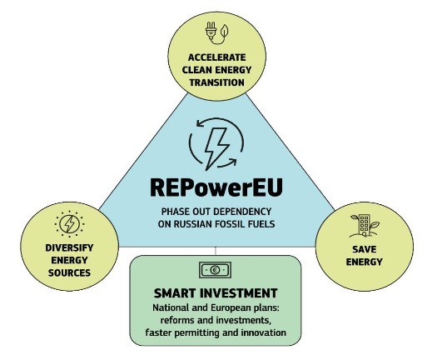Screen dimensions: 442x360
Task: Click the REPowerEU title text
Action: pos(216,187)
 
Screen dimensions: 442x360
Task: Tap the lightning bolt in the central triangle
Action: pos(217,148)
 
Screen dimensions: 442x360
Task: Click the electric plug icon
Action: pos(211,30)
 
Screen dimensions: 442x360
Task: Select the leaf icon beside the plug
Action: pos(224,31)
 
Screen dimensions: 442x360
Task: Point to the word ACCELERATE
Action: pos(216,57)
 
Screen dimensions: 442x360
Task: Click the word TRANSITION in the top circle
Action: pos(216,82)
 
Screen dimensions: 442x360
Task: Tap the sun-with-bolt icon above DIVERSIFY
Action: pos(69,224)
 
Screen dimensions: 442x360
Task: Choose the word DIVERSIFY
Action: pos(69,247)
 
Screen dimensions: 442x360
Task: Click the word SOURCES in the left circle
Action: pos(69,272)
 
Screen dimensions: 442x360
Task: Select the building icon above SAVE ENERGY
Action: pos(365,226)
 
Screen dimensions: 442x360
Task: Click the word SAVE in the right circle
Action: pos(365,249)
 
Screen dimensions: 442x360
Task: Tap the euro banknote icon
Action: pos(215,270)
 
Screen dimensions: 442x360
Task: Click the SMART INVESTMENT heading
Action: pos(216,293)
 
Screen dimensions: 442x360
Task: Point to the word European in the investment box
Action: pos(231,307)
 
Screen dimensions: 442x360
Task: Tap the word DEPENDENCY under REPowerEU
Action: pos(245,212)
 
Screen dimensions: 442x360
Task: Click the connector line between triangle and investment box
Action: pos(216,251)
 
